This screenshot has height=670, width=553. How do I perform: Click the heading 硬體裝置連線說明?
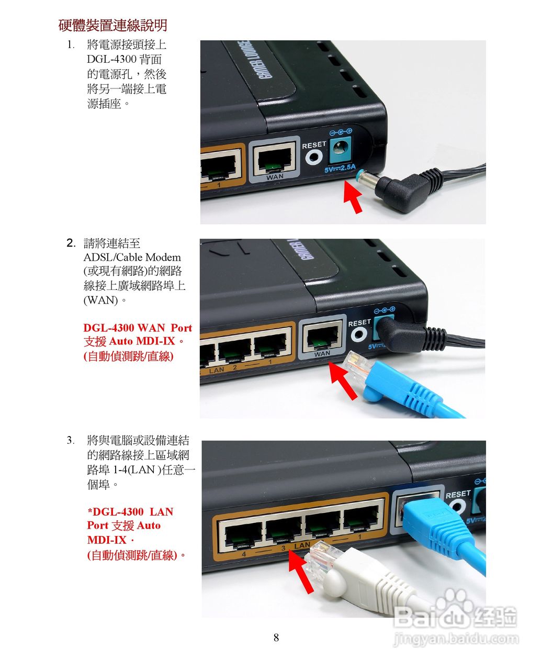(112, 25)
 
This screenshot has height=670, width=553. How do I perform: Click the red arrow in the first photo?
(353, 198)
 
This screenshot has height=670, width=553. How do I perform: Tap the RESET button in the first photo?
(315, 156)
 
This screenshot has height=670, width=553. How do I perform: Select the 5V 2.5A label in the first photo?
(340, 169)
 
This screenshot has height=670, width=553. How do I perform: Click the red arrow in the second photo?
(343, 381)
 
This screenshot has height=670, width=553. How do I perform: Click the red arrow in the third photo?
(302, 573)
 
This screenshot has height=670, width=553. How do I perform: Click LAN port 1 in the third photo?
(360, 521)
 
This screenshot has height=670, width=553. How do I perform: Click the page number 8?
(276, 638)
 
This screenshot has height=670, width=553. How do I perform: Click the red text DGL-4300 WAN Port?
(138, 328)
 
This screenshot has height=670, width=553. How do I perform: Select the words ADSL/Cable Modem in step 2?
(132, 257)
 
